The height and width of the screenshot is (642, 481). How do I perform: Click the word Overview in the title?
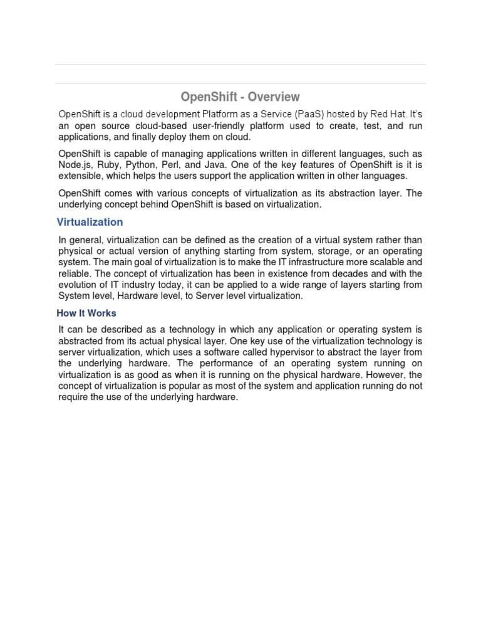point(274,97)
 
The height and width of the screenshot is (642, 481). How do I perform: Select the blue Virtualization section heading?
point(90,222)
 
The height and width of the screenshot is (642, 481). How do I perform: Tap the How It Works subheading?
point(86,313)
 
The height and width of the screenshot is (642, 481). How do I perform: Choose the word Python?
point(141,165)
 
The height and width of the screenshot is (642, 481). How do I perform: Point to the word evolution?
point(78,285)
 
